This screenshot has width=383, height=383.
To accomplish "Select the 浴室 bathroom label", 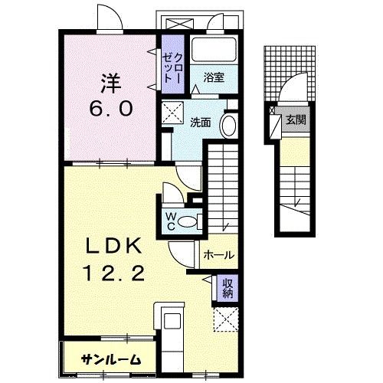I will point(214,76).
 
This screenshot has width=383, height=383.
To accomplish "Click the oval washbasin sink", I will point(228,126).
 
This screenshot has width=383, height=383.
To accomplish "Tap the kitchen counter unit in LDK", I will point(170,322).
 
